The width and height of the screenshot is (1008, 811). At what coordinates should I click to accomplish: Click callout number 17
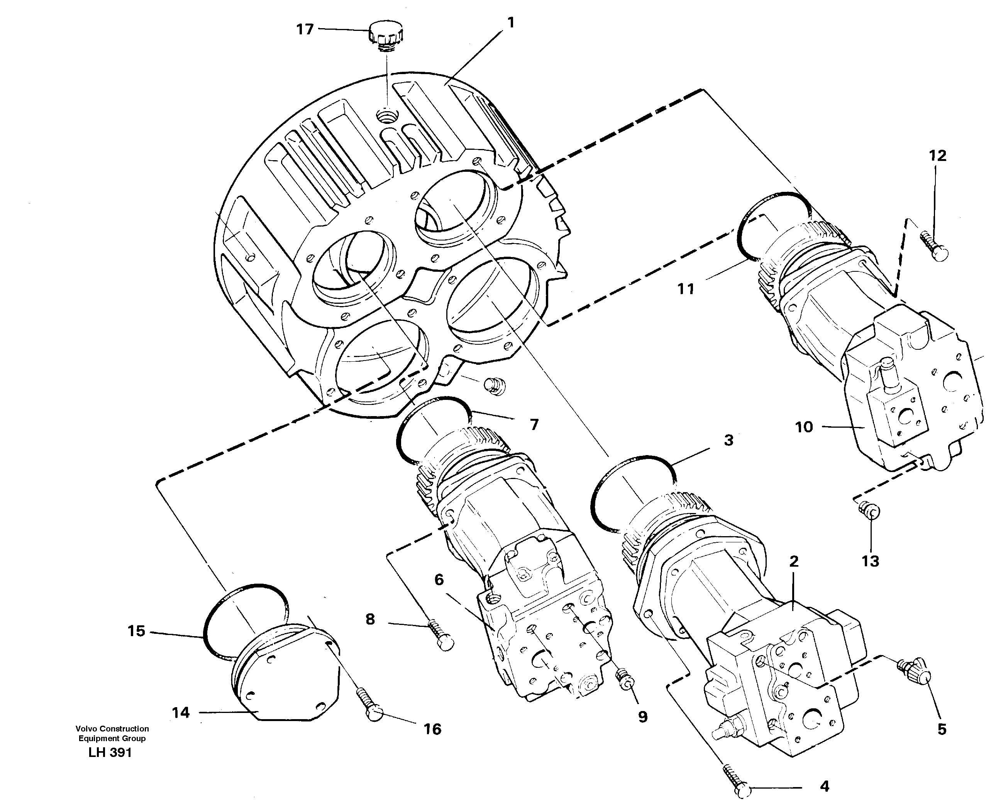(305, 29)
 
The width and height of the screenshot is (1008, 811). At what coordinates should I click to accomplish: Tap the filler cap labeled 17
(387, 35)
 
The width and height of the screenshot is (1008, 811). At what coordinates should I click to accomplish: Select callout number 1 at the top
(511, 22)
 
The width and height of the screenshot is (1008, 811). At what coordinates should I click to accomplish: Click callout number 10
(804, 427)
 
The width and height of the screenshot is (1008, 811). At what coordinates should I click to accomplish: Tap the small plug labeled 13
(871, 511)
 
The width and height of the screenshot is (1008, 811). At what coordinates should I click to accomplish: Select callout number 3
(728, 440)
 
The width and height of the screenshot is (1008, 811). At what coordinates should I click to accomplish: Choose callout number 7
(534, 425)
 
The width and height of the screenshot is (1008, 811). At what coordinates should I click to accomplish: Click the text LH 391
(110, 753)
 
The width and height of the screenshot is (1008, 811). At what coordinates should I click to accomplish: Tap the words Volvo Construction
(112, 728)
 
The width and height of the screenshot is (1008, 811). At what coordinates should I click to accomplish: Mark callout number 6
(439, 580)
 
